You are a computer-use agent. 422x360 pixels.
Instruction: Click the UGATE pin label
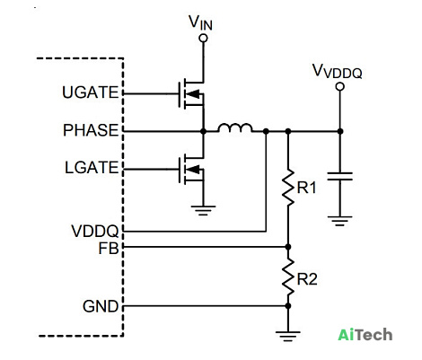(x=91, y=92)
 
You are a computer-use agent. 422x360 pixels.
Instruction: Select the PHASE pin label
(x=91, y=130)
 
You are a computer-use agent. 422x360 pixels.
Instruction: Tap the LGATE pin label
(x=92, y=168)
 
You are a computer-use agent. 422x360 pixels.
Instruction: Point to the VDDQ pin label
(x=95, y=231)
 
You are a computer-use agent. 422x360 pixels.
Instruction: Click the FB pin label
(x=109, y=249)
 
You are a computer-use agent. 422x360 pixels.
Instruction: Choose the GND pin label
(x=101, y=306)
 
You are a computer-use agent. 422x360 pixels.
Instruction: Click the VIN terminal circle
(x=203, y=39)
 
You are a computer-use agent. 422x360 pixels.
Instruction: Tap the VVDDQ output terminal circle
(x=339, y=87)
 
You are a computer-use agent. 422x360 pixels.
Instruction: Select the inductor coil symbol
(x=235, y=127)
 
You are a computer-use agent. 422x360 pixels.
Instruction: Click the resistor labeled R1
(x=288, y=188)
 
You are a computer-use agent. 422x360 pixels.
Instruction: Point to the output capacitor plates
(x=339, y=177)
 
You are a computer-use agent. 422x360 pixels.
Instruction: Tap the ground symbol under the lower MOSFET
(x=203, y=210)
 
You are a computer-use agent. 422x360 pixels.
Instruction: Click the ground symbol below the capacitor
(x=339, y=221)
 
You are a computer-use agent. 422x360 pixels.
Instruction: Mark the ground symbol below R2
(x=288, y=337)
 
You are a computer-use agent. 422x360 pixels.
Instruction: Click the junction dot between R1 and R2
(x=288, y=247)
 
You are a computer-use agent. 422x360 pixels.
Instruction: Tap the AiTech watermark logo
(x=365, y=335)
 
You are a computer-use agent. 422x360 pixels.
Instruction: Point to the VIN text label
(x=200, y=22)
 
